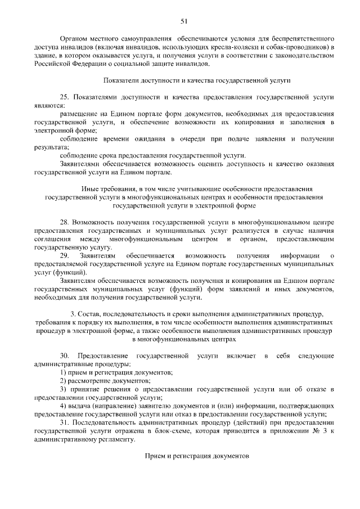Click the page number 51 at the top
[183, 21]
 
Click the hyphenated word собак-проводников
[303, 47]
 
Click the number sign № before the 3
[317, 430]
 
